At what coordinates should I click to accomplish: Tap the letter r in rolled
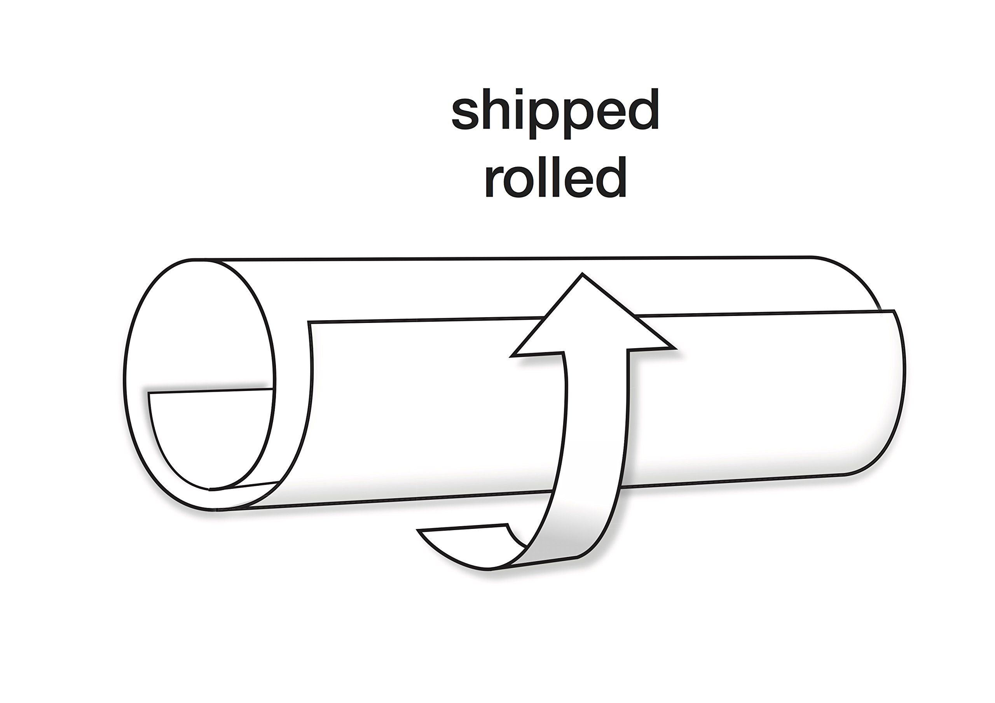492,182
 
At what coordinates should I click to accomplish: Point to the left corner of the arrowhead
512,356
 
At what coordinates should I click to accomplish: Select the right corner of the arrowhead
674,347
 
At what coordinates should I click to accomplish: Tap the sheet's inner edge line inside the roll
210,391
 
